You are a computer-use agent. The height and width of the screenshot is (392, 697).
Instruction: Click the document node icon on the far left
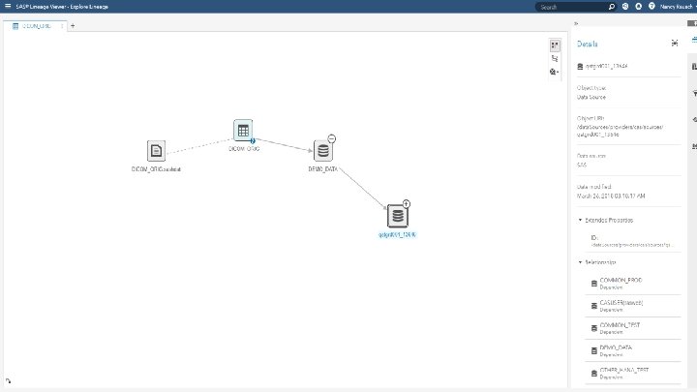pos(156,151)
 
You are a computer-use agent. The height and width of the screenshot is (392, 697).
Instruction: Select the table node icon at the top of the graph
pos(243,131)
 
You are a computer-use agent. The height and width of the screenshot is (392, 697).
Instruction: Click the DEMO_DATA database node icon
pos(323,150)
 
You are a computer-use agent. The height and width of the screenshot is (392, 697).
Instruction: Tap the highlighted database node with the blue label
pos(397,216)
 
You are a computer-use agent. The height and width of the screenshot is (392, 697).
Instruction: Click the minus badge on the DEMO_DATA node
pos(332,138)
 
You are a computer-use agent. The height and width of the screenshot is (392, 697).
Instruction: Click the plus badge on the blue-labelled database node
pos(407,203)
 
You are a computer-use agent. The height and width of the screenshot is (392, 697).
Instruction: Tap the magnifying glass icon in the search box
pos(611,7)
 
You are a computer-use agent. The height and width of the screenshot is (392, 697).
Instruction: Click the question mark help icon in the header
pos(652,7)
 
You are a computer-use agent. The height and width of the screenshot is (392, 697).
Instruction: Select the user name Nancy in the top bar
pos(674,7)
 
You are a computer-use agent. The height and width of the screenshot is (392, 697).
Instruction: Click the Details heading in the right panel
pos(589,44)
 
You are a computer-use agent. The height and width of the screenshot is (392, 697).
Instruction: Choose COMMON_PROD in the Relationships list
pos(621,281)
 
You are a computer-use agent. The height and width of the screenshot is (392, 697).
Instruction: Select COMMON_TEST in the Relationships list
pos(621,326)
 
